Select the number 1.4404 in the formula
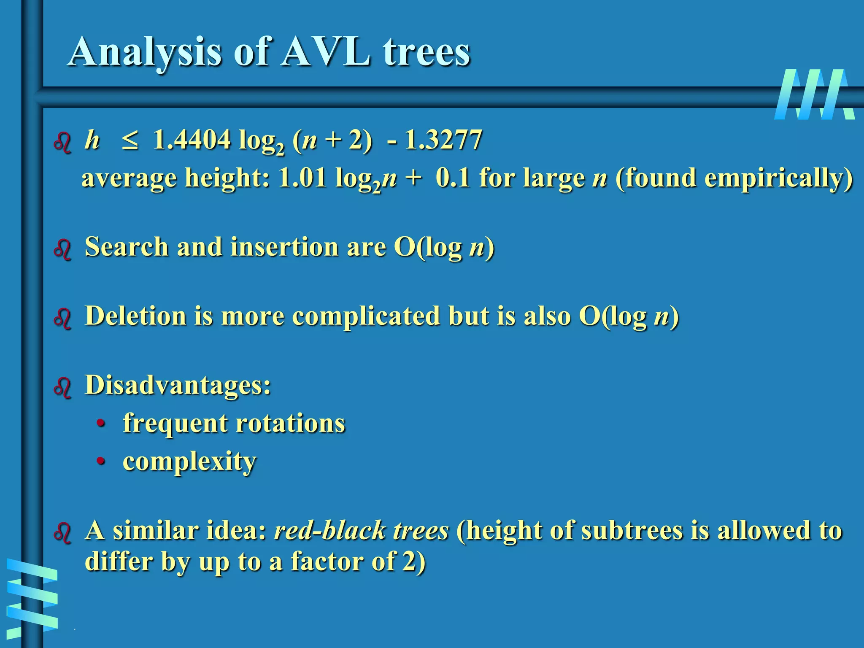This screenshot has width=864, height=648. tap(192, 140)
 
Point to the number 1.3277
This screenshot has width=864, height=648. tap(443, 140)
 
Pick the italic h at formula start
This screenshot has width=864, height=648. tap(92, 140)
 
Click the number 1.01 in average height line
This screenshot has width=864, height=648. tap(302, 178)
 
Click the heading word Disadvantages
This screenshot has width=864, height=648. tap(177, 385)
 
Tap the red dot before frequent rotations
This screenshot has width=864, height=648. tap(100, 423)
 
